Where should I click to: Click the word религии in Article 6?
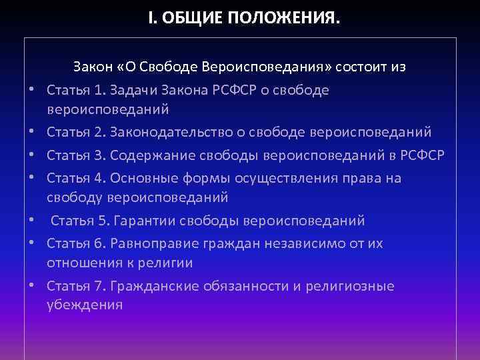[169, 263]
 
